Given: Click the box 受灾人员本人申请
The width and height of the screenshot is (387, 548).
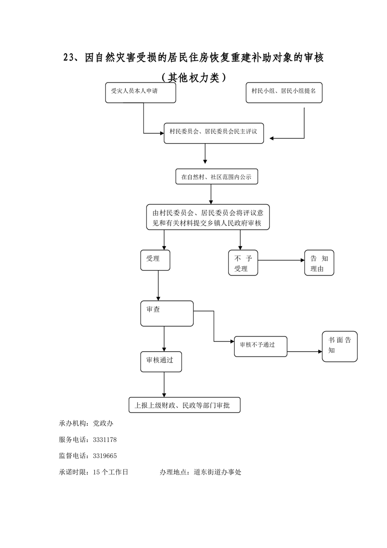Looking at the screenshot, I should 141,92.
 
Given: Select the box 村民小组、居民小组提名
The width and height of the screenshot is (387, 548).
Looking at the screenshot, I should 284,92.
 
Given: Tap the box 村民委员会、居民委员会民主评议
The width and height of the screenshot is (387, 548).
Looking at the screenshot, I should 213,133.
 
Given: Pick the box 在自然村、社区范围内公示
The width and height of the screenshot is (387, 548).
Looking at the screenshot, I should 216,177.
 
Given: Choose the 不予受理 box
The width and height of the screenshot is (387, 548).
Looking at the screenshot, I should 243,263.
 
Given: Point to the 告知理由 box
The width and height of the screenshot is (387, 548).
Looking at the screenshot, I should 319,263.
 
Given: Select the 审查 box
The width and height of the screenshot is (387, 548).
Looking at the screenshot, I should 166,314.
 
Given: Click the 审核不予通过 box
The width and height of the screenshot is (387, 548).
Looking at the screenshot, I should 261,345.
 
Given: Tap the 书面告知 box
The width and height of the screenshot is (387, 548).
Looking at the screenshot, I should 340,346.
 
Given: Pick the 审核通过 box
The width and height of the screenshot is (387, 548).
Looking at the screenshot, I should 161,362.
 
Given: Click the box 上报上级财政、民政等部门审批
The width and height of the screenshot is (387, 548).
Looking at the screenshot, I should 184,405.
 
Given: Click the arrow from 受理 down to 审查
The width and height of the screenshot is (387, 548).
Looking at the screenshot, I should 158,285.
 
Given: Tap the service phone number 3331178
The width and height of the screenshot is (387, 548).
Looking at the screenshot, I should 103,440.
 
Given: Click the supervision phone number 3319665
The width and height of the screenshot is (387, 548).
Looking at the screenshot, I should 103,456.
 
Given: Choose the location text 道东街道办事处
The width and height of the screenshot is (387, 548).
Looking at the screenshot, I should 217,472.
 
